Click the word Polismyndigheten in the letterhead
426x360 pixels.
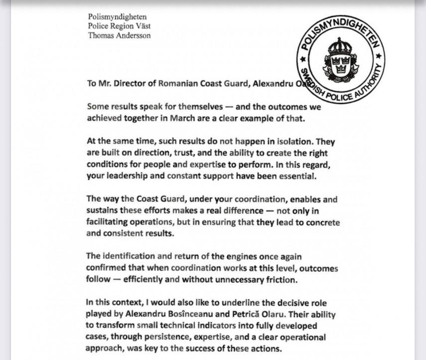click(x=117, y=17)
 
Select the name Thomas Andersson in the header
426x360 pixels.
click(x=119, y=35)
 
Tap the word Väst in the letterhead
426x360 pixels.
click(x=142, y=26)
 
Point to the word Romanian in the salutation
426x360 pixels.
click(x=178, y=83)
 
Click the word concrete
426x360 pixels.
click(x=319, y=222)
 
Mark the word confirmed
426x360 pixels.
click(x=107, y=268)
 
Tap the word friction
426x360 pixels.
click(x=283, y=279)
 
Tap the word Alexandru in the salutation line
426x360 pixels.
click(x=273, y=83)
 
